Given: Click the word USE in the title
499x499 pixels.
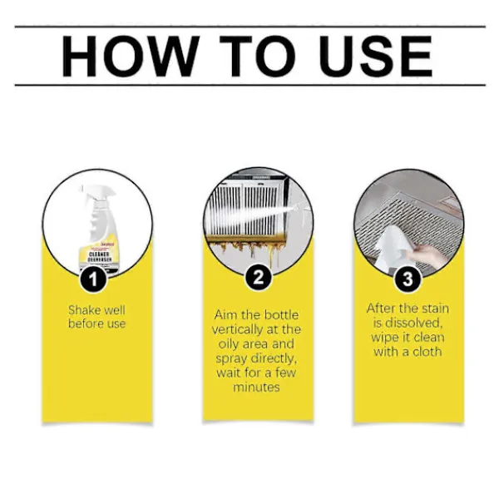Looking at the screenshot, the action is click(377, 57).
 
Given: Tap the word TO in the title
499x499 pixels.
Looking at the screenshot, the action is click(258, 57).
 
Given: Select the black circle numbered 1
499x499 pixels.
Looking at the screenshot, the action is click(93, 279).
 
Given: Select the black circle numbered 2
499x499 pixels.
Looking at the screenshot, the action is click(259, 277).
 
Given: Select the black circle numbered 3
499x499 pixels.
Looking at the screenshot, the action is click(408, 279).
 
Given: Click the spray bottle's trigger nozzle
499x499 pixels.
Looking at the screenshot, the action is click(96, 193).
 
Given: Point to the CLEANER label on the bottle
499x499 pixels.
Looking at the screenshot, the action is click(99, 254).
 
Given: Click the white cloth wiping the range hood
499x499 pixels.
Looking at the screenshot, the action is click(391, 248).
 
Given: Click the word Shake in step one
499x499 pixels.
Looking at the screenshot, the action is click(83, 309).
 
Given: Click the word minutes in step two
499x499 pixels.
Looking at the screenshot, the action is click(256, 387).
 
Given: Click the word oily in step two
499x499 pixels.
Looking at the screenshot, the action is click(229, 344).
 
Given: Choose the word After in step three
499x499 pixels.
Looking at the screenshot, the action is click(380, 308).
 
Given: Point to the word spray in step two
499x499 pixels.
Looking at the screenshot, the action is click(232, 359).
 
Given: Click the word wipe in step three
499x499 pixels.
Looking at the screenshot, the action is click(383, 338).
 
